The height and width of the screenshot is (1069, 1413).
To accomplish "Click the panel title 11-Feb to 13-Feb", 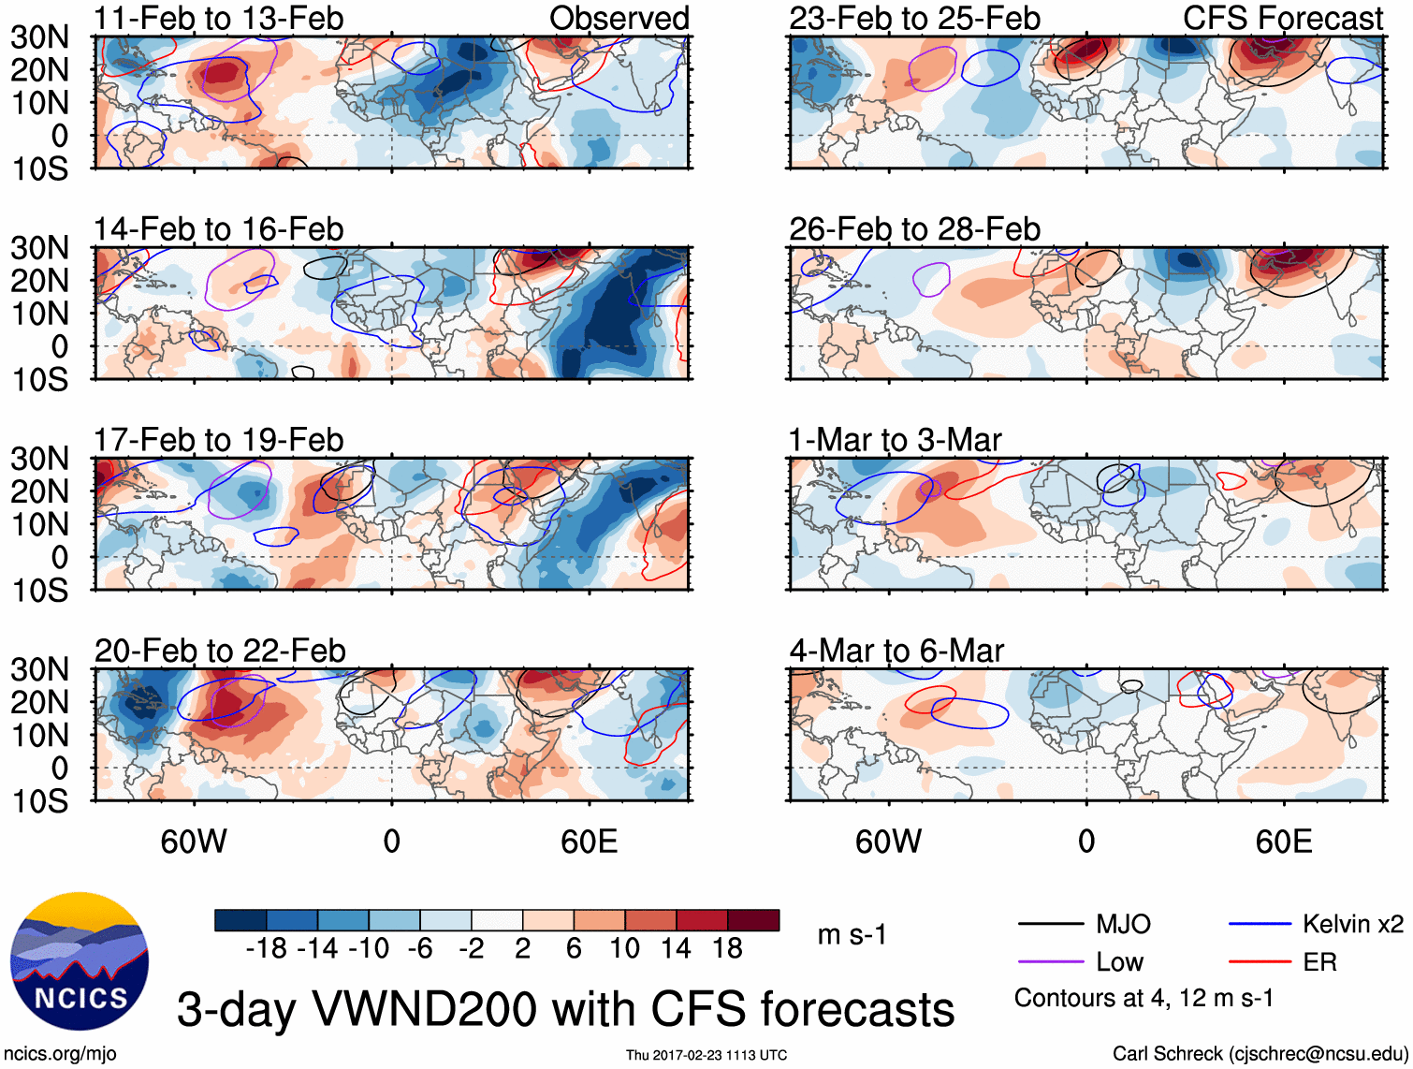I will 219,18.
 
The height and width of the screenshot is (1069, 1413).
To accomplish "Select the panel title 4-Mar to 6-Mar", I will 896,650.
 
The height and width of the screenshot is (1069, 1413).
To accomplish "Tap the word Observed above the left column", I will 619,18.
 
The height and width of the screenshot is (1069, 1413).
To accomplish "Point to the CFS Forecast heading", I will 1282,18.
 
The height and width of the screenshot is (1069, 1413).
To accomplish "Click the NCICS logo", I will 80,960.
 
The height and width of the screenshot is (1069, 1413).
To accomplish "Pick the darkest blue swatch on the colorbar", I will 240,920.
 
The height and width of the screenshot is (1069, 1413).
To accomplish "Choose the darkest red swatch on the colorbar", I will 753,920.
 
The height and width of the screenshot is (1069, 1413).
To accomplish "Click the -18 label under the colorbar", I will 267,948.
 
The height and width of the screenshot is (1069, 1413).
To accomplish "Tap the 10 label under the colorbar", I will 625,948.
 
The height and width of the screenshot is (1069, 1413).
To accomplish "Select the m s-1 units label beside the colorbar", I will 852,934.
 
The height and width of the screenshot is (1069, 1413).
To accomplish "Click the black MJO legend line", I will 1050,924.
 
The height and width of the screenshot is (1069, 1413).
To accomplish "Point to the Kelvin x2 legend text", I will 1352,924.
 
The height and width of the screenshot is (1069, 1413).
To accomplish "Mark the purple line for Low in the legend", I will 1050,961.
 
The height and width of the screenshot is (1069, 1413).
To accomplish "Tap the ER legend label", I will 1319,961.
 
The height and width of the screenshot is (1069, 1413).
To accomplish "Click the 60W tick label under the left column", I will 194,842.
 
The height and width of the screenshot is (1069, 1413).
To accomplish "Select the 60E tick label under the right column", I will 1283,842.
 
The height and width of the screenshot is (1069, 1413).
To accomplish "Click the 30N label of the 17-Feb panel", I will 39,459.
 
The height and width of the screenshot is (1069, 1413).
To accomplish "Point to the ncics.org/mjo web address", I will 60,1053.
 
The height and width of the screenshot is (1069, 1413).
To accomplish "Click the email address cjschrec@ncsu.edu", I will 1318,1053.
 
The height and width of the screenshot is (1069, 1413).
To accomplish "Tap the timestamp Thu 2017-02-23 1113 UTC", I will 706,1055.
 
